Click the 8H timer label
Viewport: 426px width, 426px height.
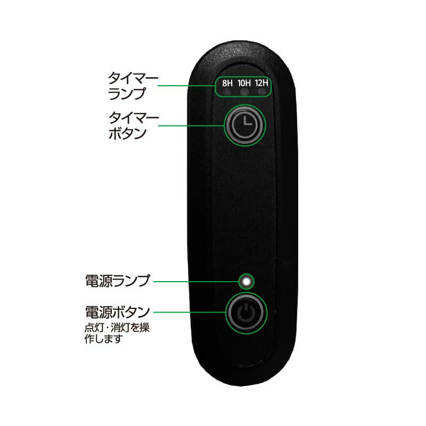point(227,83)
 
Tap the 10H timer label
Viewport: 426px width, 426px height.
point(244,83)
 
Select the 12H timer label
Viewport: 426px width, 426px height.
point(261,83)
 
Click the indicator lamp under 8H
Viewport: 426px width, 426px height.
point(227,92)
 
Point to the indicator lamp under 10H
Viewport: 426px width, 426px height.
point(244,92)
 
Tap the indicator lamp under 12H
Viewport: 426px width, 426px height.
point(261,92)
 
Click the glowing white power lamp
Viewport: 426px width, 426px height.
point(246,282)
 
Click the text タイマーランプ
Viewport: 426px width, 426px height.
point(133,86)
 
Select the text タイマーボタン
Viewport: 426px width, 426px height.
point(134,126)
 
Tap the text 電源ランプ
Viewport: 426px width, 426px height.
point(117,281)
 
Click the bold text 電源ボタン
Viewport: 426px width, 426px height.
point(117,312)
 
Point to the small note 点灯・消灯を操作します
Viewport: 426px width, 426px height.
point(117,333)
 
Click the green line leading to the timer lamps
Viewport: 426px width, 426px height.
point(186,86)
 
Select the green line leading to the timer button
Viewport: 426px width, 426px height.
point(191,126)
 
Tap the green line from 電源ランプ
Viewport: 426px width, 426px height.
point(196,282)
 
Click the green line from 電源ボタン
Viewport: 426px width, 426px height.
point(190,312)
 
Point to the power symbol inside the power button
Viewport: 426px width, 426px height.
point(246,313)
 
